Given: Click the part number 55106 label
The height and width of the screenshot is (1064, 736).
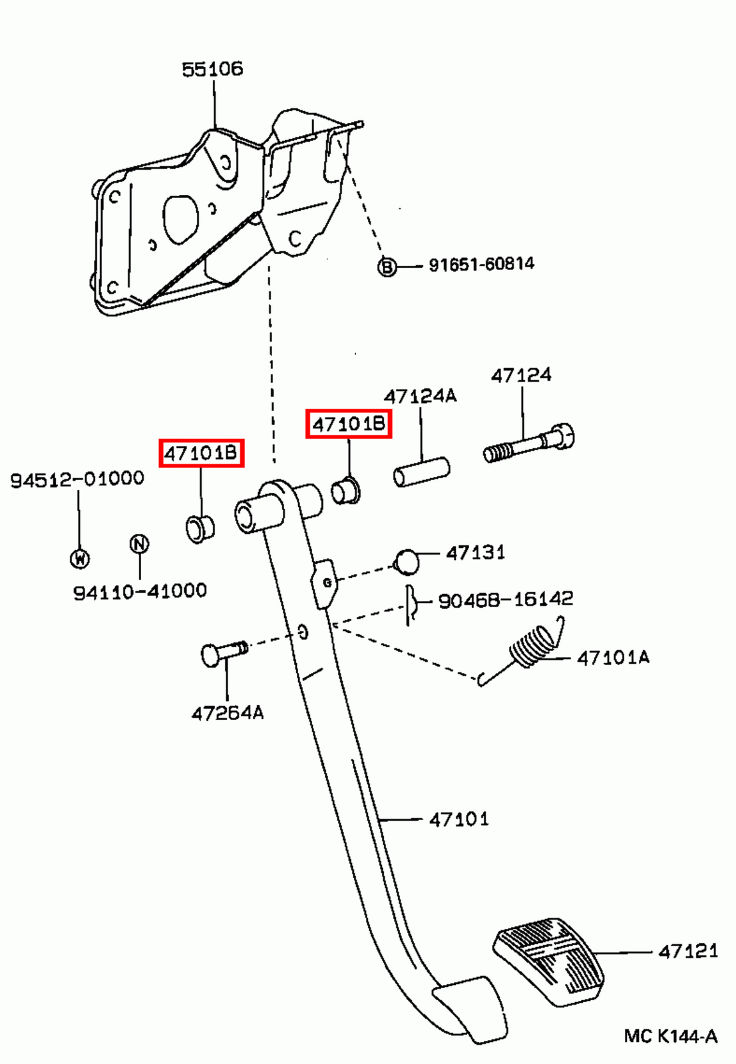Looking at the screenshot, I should (212, 69).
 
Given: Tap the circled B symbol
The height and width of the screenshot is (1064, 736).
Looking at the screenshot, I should (387, 267).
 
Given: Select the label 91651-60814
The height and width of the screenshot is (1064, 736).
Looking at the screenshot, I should (481, 264).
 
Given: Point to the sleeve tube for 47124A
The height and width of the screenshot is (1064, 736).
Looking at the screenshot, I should (421, 472).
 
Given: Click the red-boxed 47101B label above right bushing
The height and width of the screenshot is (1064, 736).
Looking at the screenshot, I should (349, 424).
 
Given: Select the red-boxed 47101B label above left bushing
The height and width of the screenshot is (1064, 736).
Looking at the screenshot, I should (201, 453).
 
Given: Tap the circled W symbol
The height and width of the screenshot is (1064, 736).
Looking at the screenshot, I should (80, 558).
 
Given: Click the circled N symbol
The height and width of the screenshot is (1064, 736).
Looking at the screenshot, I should (138, 543).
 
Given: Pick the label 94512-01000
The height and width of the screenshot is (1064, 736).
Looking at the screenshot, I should (77, 479).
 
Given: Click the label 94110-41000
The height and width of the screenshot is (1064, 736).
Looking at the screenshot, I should (140, 591).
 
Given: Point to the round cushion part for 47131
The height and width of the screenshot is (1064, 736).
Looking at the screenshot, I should (407, 561).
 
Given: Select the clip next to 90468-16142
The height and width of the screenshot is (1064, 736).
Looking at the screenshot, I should (411, 604).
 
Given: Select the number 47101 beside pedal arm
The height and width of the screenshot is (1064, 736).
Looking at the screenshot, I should (459, 819).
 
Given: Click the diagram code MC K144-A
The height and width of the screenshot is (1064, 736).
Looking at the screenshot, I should (670, 1035).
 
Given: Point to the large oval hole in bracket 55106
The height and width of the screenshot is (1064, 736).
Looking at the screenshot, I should (180, 218).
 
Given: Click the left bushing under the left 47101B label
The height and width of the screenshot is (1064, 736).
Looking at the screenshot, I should (199, 528).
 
